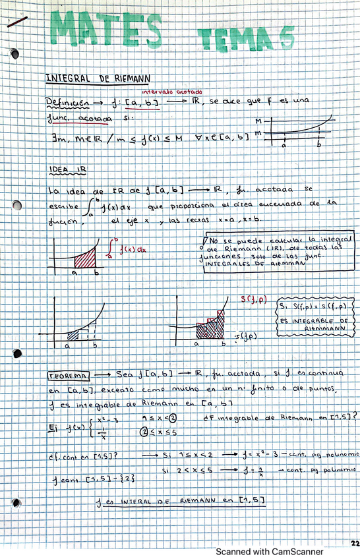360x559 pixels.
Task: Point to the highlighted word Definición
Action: pyautogui.click(x=67, y=103)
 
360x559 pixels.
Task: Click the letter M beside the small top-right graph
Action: pyautogui.click(x=258, y=121)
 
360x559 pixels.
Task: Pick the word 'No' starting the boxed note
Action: pyautogui.click(x=217, y=241)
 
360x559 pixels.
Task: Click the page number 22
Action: pyautogui.click(x=354, y=544)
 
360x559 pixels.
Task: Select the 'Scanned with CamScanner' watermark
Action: pyautogui.click(x=271, y=551)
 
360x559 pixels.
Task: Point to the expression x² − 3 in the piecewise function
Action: pyautogui.click(x=107, y=420)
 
